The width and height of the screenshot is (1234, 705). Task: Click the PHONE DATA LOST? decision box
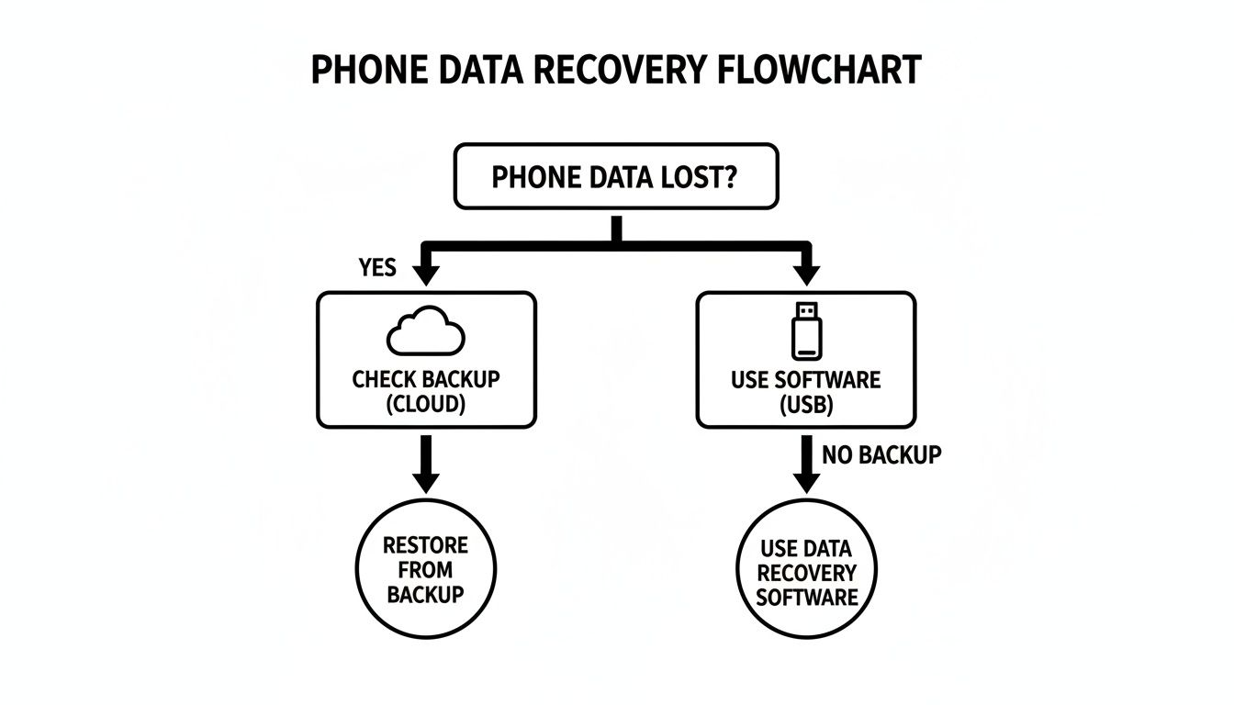616,176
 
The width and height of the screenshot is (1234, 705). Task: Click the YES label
376,268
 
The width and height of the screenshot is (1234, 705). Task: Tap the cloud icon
425,333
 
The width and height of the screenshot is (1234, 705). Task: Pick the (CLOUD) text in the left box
424,404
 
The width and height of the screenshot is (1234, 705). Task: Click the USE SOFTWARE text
805,380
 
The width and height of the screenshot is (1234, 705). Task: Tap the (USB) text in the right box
805,405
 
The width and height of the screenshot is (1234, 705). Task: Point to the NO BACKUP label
881,454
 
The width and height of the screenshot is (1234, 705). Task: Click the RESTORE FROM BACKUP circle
424,570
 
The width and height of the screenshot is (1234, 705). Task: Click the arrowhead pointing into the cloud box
425,274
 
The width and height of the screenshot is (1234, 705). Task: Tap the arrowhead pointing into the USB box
806,274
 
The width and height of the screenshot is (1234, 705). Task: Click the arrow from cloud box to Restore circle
425,464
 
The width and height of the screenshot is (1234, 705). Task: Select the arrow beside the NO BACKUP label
806,464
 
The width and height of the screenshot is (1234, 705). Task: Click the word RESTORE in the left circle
425,546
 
